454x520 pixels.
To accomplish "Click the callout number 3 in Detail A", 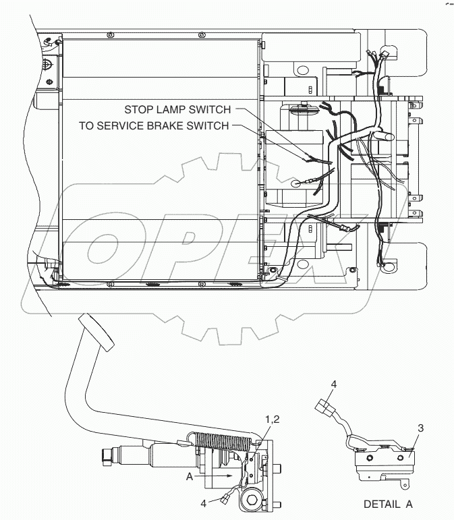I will point(420,427).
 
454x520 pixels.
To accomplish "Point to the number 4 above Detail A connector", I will point(333,384).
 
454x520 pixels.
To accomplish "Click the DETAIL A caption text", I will point(388,504).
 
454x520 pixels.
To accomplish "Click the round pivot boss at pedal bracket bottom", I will point(256,500).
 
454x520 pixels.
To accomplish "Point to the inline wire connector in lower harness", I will point(345,229).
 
